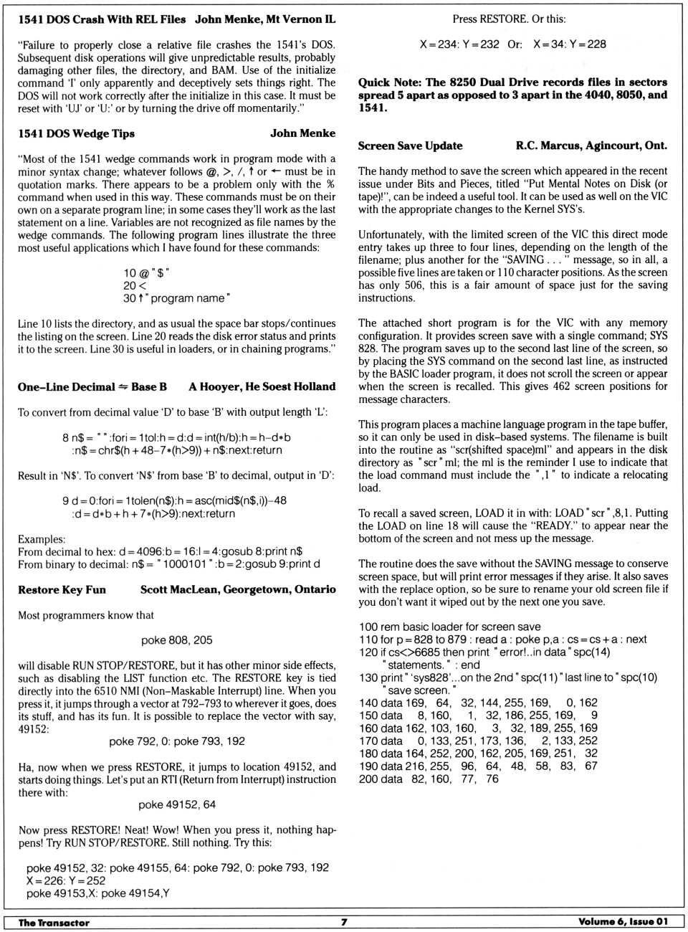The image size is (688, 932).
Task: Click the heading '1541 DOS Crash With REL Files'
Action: pos(102,19)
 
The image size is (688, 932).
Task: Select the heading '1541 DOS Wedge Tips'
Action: pos(76,133)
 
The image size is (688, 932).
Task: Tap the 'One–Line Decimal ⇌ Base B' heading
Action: pos(92,386)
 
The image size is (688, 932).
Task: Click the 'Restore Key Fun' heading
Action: pos(62,589)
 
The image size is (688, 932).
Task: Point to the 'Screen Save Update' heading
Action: pos(410,146)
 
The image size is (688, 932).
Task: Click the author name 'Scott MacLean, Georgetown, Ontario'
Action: pos(238,589)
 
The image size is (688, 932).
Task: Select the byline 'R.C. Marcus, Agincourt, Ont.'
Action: pos(591,146)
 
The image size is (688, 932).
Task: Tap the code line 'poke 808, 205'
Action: pos(176,640)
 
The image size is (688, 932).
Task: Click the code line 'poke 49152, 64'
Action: pos(176,804)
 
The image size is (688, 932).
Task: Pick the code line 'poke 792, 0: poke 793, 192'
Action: pos(176,741)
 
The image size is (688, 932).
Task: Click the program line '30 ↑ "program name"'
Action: pos(176,298)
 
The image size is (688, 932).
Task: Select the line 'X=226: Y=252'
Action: pos(65,880)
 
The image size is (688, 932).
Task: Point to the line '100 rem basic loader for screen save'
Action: pos(449,627)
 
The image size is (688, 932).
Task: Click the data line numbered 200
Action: pos(429,779)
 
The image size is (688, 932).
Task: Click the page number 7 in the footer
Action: pos(344,922)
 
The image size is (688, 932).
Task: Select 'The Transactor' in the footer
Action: pos(54,923)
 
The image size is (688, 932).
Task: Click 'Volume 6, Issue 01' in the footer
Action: pos(623,922)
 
